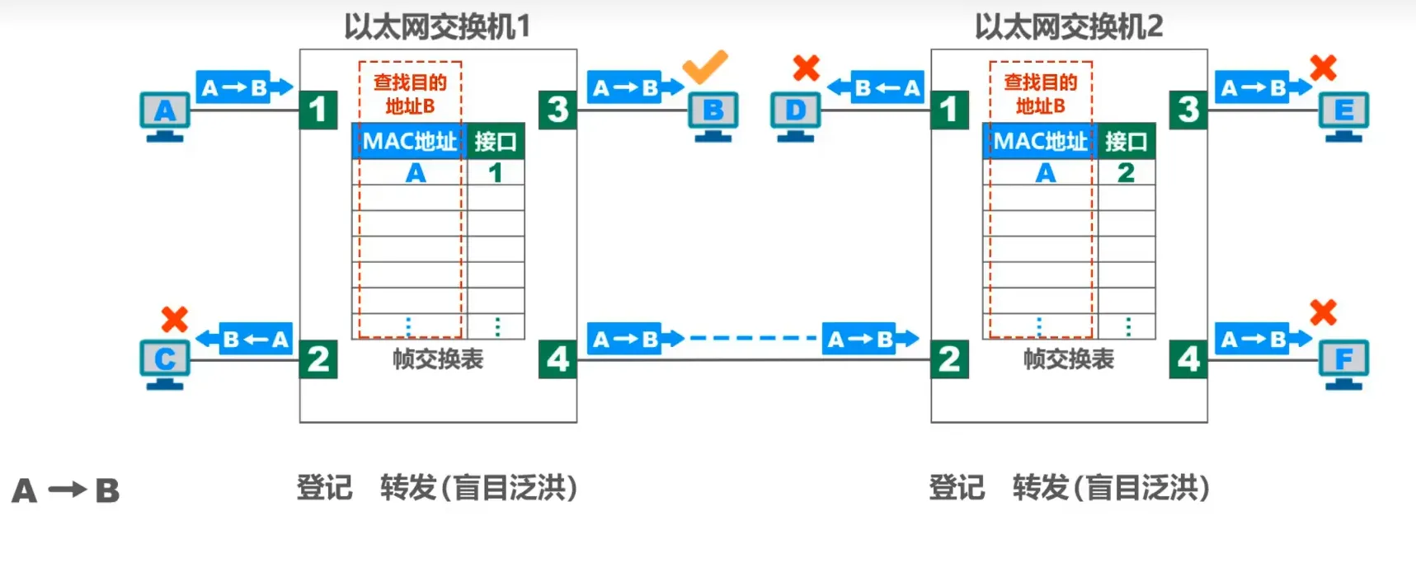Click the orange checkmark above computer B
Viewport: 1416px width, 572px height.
(x=705, y=66)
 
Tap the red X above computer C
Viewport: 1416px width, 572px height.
(x=174, y=319)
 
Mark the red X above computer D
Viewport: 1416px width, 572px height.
(x=806, y=68)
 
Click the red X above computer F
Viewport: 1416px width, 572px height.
(x=1323, y=312)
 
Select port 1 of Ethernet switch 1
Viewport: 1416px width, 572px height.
(x=318, y=110)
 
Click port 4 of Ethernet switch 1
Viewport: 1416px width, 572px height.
(x=557, y=359)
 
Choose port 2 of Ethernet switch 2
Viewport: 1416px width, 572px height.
(x=949, y=359)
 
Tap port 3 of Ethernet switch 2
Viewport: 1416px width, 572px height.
(x=1188, y=110)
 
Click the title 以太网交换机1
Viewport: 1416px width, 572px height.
(x=437, y=27)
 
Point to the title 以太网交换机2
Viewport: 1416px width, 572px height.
(x=1068, y=27)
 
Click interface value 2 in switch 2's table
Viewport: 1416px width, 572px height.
(x=1126, y=173)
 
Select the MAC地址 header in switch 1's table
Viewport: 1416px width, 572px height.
(x=409, y=141)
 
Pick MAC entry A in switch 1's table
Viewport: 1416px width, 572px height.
(x=416, y=173)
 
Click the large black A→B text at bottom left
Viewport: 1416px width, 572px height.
(x=66, y=491)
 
